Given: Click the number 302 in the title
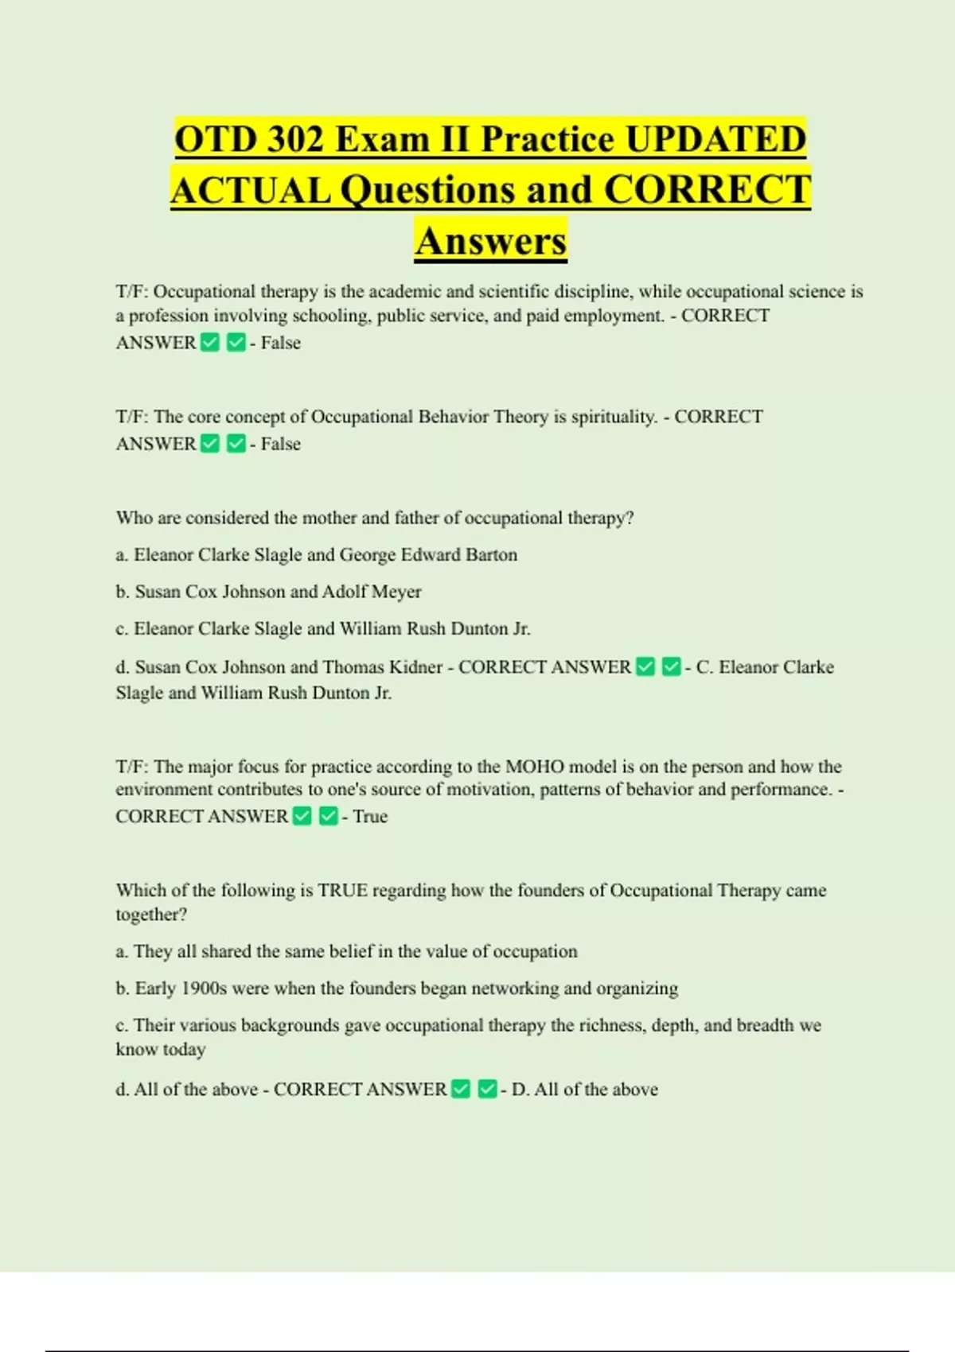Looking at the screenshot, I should (295, 139).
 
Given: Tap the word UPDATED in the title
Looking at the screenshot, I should (715, 139).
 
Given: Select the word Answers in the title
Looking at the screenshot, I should (490, 241).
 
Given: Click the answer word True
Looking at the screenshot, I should (370, 817).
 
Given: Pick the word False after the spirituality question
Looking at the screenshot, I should (281, 444).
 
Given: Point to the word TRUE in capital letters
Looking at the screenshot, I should (342, 891).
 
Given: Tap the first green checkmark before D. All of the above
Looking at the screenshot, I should (461, 1089).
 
